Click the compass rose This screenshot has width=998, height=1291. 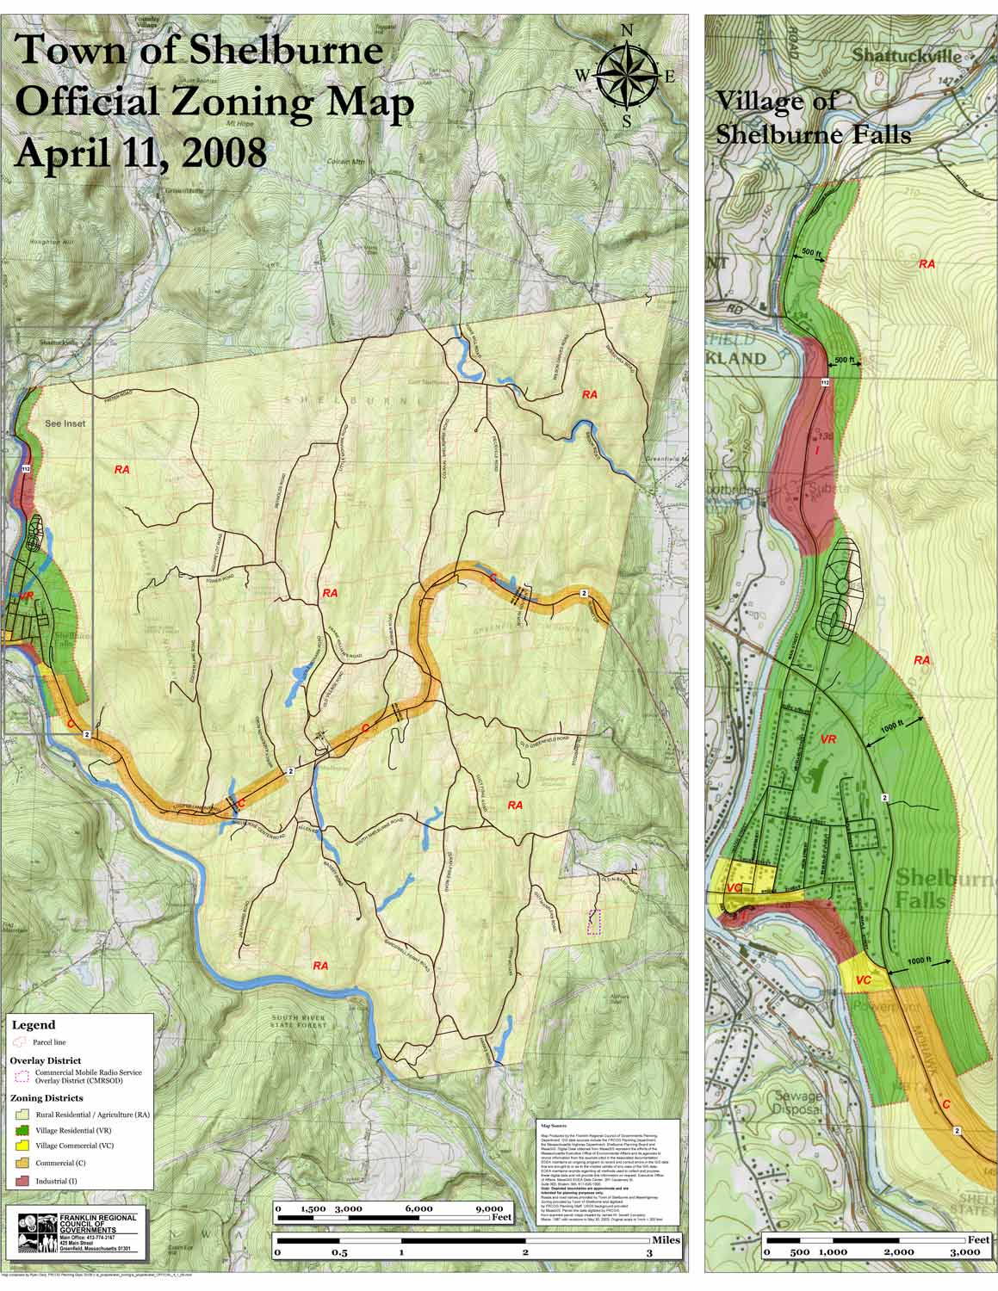627,75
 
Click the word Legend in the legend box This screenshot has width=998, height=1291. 34,1025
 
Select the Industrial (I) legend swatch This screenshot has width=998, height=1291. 21,1181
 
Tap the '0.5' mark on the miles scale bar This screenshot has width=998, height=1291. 339,1253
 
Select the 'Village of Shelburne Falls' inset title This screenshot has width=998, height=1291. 813,118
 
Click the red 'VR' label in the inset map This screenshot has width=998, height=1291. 829,739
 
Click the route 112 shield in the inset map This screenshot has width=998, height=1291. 825,382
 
